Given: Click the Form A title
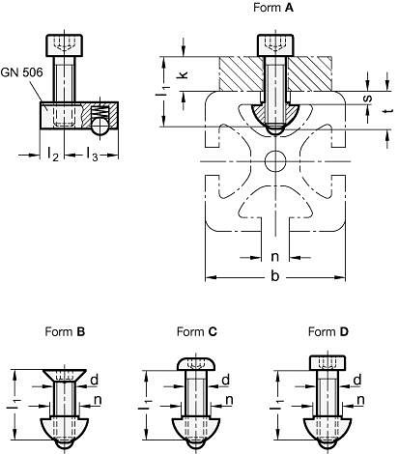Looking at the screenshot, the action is click(273, 8).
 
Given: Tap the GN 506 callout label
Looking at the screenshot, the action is click(21, 72).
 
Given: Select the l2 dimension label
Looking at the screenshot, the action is click(53, 155).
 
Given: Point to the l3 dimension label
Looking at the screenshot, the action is click(93, 155).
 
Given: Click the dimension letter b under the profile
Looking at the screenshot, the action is click(274, 276).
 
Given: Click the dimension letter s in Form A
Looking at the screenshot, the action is click(368, 99).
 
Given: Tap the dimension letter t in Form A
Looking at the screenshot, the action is click(389, 111).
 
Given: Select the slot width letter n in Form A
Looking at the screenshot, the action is click(274, 257).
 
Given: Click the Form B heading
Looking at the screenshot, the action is click(65, 331).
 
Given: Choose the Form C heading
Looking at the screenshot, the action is click(197, 331).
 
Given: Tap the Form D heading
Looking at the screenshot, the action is click(328, 331).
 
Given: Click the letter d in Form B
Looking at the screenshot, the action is click(94, 381).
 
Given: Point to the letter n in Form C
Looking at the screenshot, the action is click(229, 400).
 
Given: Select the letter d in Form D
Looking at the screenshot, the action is click(357, 381).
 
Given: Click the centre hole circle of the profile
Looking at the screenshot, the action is click(275, 161).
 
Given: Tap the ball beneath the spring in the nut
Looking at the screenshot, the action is click(100, 126).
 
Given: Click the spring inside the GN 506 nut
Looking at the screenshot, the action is click(100, 111).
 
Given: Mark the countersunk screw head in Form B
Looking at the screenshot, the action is click(65, 376).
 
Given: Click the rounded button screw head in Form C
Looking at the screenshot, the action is click(197, 363).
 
